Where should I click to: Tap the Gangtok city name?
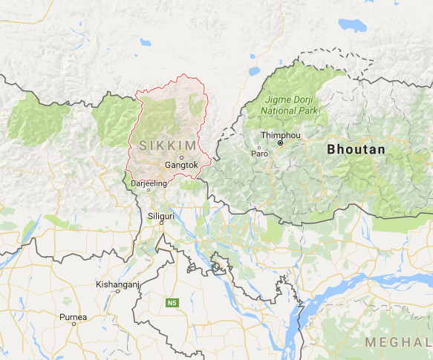pyautogui.click(x=181, y=165)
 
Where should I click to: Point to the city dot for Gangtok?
pyautogui.click(x=181, y=157)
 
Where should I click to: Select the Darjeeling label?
pyautogui.click(x=147, y=182)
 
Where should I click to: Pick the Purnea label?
pyautogui.click(x=74, y=317)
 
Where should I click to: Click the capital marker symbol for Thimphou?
pyautogui.click(x=281, y=143)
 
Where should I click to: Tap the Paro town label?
pyautogui.click(x=259, y=154)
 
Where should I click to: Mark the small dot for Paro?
pyautogui.click(x=259, y=146)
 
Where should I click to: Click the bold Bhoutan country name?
pyautogui.click(x=356, y=150)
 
